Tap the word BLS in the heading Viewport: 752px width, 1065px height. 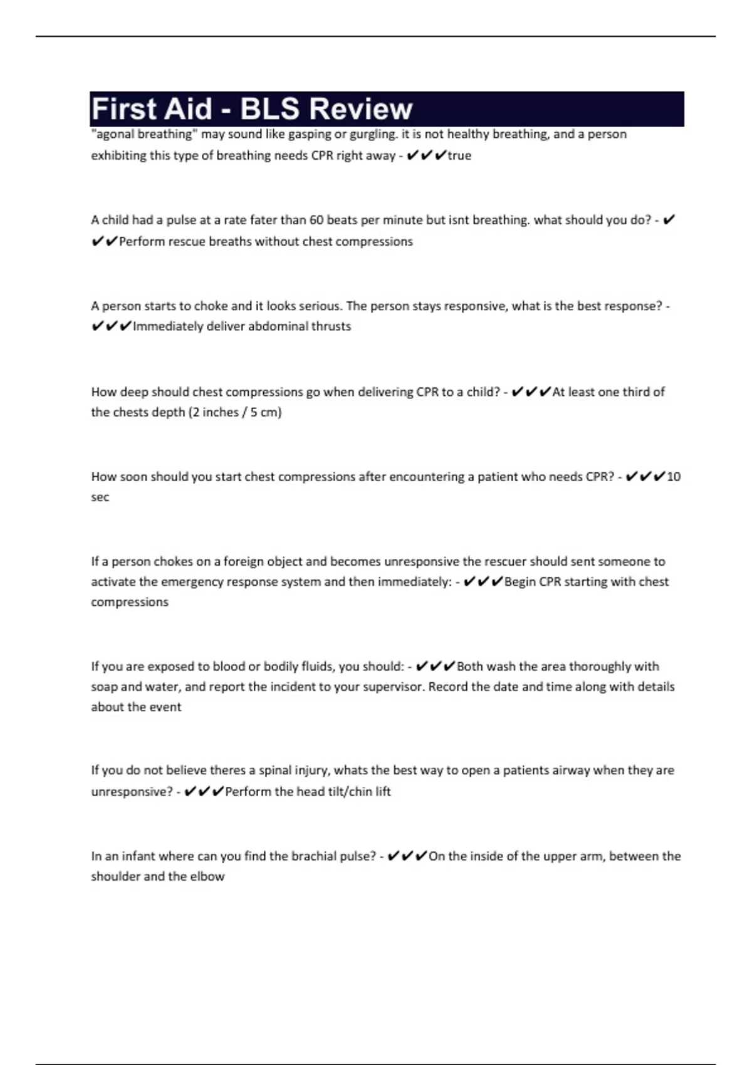[x=269, y=109]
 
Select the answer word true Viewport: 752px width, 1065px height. [x=459, y=155]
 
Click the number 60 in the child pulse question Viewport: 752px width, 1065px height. [x=317, y=220]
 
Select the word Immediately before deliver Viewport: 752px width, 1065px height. [x=168, y=326]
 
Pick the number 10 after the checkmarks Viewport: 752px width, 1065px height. [x=674, y=477]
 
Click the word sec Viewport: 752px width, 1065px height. [x=100, y=497]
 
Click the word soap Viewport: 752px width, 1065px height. [x=104, y=687]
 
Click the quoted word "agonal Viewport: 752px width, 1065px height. [x=112, y=134]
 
